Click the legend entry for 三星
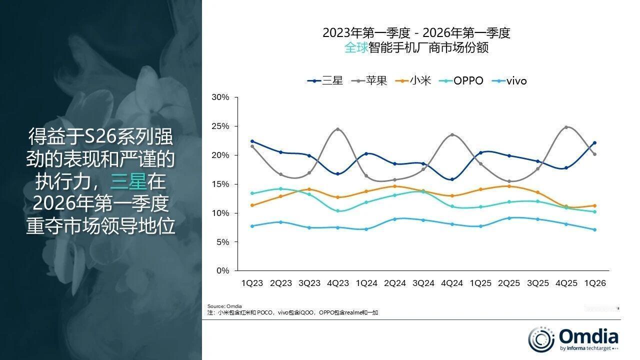coord(325,80)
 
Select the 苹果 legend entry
coord(370,80)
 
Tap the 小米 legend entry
coord(413,80)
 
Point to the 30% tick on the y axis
coord(220,97)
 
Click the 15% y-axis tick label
coord(220,184)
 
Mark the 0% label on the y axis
coord(222,271)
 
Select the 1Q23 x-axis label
coord(252,283)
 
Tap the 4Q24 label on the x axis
coord(452,283)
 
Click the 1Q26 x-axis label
coord(595,283)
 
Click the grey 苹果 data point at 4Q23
coord(338,129)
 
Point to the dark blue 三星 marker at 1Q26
coord(594,143)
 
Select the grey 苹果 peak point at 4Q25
coord(566,127)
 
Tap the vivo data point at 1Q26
coord(594,230)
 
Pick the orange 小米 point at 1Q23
coord(252,205)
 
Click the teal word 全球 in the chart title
coord(356,48)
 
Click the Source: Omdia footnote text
coord(224,306)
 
